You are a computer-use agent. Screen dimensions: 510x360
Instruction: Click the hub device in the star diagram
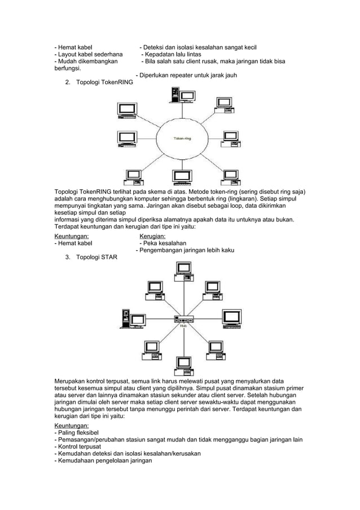tap(183, 320)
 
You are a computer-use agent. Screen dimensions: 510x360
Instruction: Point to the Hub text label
tap(183, 326)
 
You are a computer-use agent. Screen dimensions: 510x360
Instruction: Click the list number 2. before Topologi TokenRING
tap(68, 82)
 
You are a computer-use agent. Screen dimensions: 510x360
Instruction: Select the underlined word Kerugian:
tap(152, 236)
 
